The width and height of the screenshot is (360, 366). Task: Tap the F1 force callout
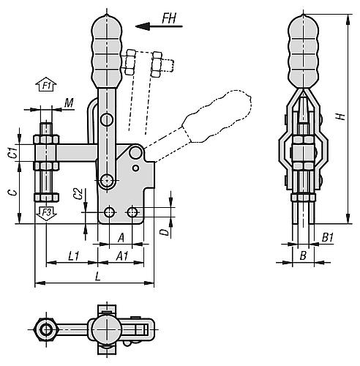pyautogui.click(x=46, y=86)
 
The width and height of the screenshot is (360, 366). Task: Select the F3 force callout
pyautogui.click(x=46, y=212)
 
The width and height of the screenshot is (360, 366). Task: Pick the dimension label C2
pyautogui.click(x=78, y=194)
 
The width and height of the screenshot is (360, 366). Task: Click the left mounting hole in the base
pyautogui.click(x=109, y=212)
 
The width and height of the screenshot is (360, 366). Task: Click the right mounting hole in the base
pyautogui.click(x=132, y=212)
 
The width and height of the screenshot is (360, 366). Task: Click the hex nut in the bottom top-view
pyautogui.click(x=48, y=330)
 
